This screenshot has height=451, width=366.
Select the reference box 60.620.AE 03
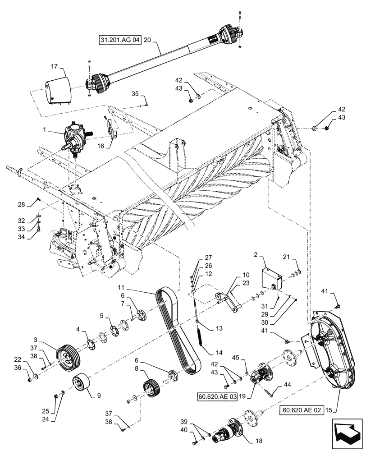pos(217,396)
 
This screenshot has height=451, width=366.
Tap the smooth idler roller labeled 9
pos(82,386)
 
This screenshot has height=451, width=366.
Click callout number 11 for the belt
pos(147,287)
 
